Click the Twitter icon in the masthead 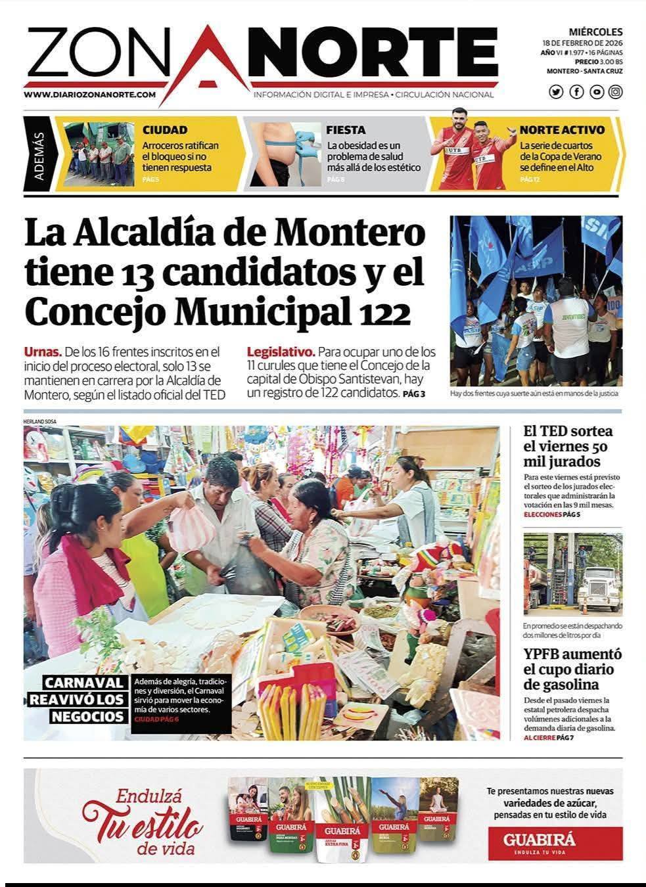tap(556, 92)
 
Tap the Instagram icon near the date tap(615, 92)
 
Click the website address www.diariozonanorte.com tap(90, 95)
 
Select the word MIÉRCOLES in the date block tap(595, 32)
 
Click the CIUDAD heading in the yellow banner tap(165, 130)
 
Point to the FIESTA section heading tap(346, 130)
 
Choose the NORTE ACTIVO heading tap(562, 130)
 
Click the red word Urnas tap(43, 352)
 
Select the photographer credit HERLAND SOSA tap(39, 421)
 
